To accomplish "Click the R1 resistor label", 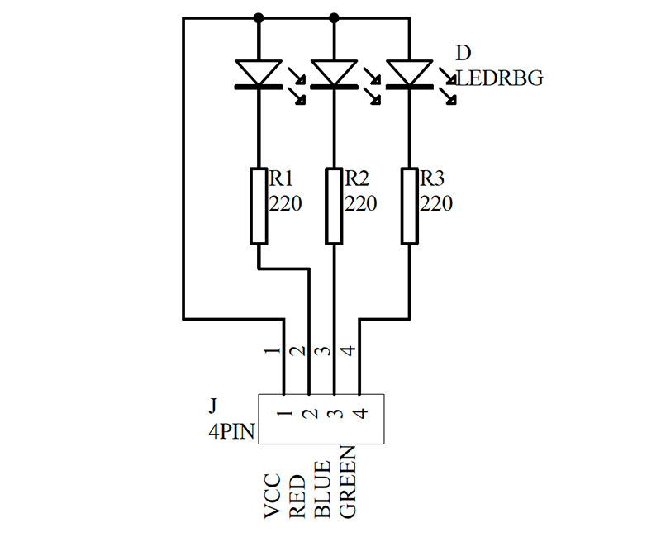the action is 281,178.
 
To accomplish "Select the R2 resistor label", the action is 357,178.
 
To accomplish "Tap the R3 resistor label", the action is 432,178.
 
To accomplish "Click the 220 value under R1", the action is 285,203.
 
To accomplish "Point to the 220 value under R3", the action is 436,203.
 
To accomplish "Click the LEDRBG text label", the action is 500,78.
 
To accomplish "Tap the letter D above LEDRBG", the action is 464,53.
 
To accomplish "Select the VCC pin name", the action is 272,497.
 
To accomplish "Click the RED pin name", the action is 297,497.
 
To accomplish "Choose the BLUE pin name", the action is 322,489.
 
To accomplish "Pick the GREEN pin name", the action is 348,482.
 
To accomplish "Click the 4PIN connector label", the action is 232,431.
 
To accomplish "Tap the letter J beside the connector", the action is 213,406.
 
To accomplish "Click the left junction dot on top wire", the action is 259,17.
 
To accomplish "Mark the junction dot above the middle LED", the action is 334,17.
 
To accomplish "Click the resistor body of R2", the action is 334,206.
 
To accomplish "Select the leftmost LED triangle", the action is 259,73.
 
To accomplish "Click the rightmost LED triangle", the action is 409,73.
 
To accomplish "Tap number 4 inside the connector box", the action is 361,413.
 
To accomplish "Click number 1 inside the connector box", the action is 285,413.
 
